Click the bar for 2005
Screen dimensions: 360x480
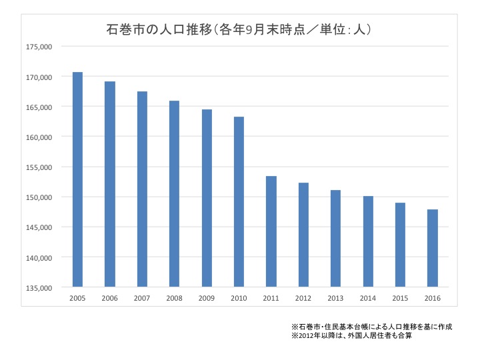tap(77, 179)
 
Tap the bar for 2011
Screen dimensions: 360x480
tap(271, 231)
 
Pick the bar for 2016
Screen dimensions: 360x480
tap(433, 248)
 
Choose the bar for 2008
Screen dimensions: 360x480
tap(174, 194)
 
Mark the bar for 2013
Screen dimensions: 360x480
tap(336, 239)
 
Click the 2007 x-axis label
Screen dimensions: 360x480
tap(142, 297)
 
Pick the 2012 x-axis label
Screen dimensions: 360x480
tap(303, 297)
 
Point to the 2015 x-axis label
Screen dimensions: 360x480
tap(401, 297)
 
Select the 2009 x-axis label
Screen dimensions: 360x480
tap(207, 297)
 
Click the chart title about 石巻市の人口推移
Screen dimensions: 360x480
tap(239, 30)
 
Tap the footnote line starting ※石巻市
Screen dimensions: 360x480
tap(372, 327)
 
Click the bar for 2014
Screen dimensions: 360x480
tap(368, 241)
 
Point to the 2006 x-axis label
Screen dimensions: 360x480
tap(109, 297)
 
